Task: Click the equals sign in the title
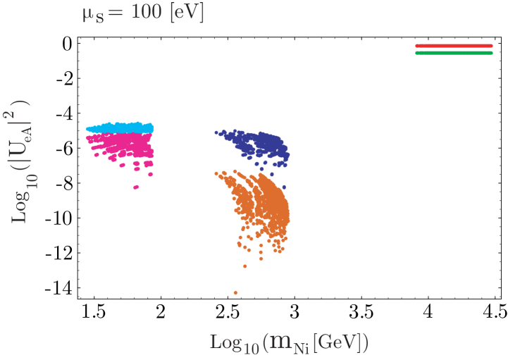(116, 13)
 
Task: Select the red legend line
(454, 46)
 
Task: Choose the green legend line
(454, 53)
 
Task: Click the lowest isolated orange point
(235, 292)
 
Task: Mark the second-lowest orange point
(245, 266)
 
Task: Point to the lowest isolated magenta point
(136, 187)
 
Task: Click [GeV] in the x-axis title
(337, 342)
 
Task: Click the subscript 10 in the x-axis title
(251, 347)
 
